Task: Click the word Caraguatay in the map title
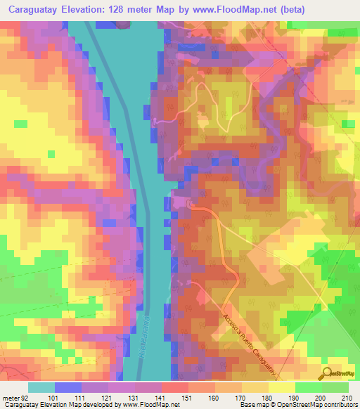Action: [x=36, y=10]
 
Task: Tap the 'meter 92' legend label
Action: [x=15, y=398]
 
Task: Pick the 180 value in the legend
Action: [x=258, y=398]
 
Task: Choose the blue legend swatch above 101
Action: [x=67, y=387]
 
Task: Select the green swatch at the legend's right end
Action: [x=335, y=387]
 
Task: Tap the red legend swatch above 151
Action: [x=175, y=387]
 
